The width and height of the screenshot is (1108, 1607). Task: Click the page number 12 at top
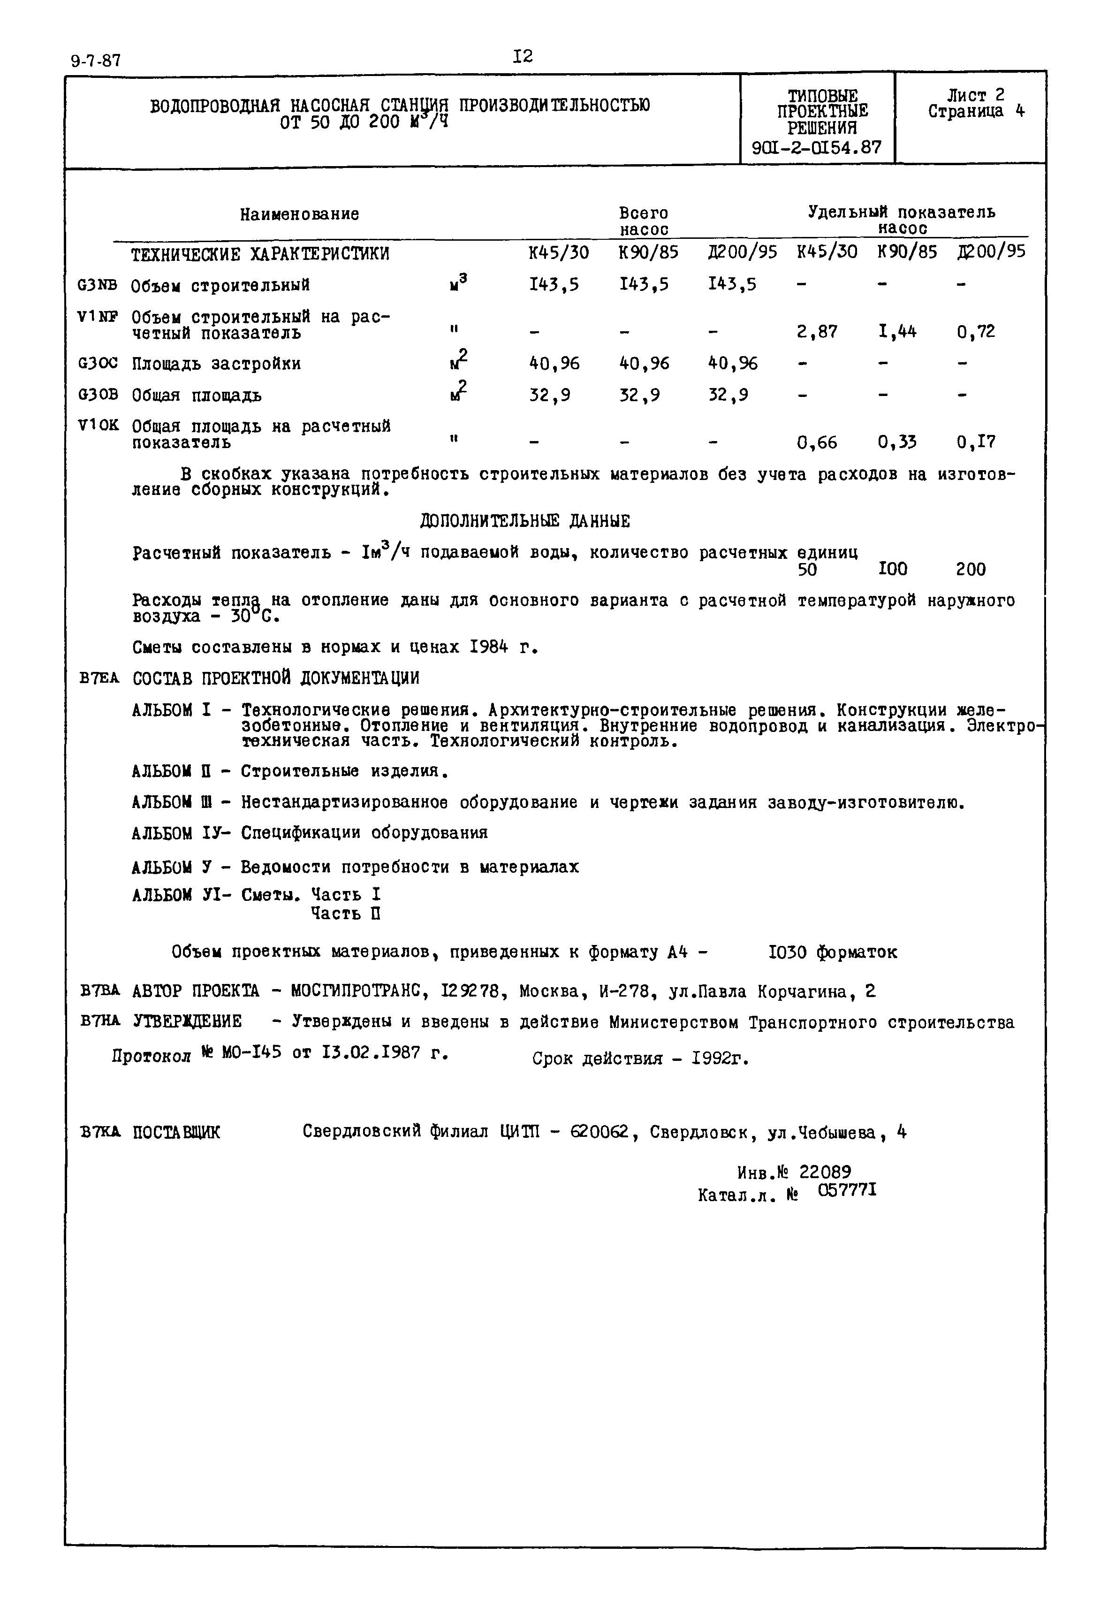coord(523,56)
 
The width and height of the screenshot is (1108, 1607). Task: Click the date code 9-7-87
coord(96,61)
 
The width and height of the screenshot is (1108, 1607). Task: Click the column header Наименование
coord(299,214)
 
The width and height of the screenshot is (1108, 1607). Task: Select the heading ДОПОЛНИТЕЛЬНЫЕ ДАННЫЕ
coord(525,521)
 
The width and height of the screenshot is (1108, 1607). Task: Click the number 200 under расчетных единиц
coord(971,570)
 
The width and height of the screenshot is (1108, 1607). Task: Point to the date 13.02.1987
coord(372,1053)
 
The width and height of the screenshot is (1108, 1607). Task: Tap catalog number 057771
coord(847,1190)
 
